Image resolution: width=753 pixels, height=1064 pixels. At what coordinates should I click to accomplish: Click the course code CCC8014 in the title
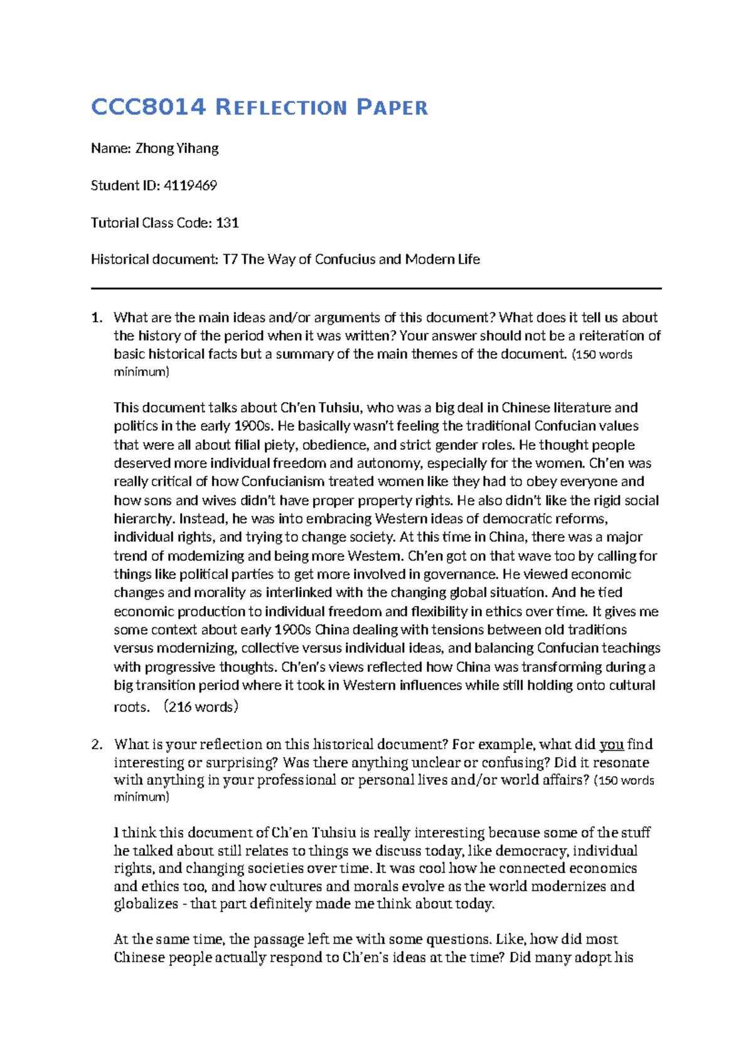pos(148,107)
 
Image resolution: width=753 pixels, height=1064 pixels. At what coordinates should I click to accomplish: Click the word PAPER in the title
pos(392,107)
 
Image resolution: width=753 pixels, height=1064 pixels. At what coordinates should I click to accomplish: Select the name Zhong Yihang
pos(177,149)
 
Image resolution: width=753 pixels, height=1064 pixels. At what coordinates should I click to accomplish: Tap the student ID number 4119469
pos(190,186)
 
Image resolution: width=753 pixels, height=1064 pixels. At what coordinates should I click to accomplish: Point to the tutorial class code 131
pos(227,223)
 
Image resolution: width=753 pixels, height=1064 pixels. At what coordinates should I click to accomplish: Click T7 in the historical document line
pos(230,260)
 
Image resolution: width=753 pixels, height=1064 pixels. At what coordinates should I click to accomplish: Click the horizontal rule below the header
pos(376,289)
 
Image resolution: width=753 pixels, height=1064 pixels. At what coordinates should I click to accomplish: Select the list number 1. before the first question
pos(97,317)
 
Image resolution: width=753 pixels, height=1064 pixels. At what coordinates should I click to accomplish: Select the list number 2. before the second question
pos(97,745)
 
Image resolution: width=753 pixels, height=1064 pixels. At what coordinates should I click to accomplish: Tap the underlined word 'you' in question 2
pos(611,745)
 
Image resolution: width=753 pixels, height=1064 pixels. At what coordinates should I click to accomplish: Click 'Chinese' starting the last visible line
pos(139,958)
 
